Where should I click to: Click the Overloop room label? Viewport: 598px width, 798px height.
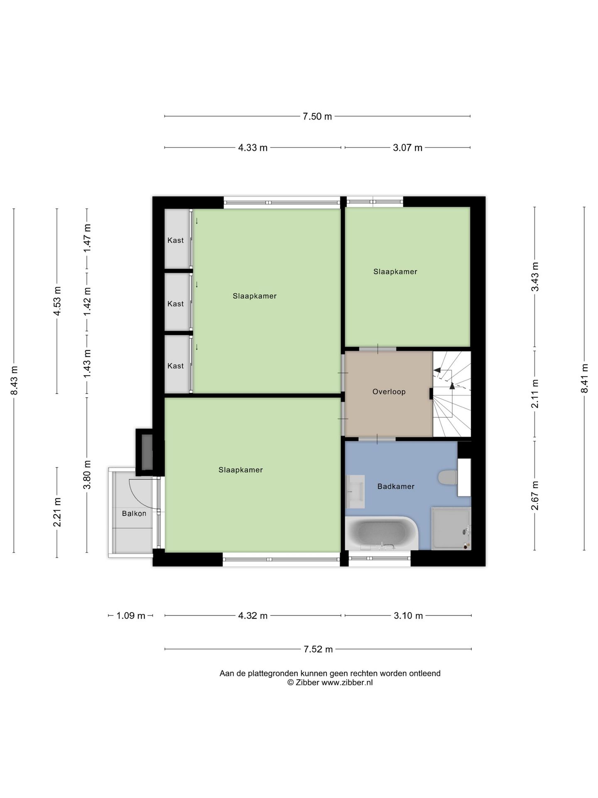389,392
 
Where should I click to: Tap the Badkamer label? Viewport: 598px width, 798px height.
396,486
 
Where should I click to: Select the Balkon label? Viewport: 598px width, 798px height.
134,513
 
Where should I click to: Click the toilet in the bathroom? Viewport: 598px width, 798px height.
448,477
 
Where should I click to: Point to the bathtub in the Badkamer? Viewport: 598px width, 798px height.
381,533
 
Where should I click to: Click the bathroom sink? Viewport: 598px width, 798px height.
355,492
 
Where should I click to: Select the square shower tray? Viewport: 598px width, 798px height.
451,529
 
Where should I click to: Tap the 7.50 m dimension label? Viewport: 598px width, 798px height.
317,116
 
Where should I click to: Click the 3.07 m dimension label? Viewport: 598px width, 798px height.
407,148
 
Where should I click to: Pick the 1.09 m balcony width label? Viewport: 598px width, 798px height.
131,616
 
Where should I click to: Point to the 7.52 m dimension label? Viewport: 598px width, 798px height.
318,649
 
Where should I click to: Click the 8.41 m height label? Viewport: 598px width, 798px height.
585,378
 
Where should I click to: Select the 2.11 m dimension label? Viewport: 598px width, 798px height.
535,394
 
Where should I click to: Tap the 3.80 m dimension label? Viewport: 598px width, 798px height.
87,475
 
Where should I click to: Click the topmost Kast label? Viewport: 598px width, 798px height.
176,240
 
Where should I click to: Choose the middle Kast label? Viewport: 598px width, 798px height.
176,304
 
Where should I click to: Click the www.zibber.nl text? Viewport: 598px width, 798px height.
347,682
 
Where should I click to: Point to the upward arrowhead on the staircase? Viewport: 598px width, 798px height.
452,385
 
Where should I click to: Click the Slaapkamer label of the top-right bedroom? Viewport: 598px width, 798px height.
395,272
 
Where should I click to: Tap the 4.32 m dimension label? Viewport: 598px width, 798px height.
252,616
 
